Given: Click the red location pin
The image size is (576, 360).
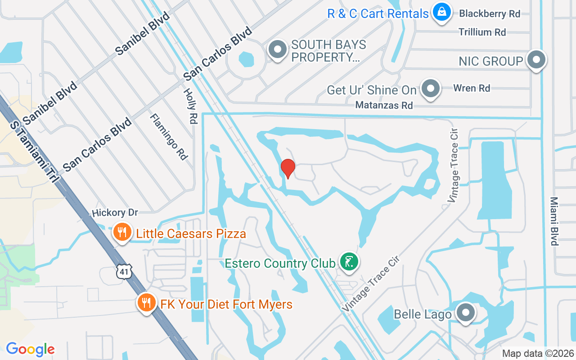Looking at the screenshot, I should [x=288, y=168].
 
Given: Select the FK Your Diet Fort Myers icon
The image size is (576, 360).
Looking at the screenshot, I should [x=146, y=304].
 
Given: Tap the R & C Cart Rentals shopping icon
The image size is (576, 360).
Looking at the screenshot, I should [x=442, y=13].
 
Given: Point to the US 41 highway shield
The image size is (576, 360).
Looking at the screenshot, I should [x=123, y=271].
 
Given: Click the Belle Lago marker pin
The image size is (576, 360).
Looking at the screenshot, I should [x=466, y=313].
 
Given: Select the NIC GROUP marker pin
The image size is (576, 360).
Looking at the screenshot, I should [x=536, y=60].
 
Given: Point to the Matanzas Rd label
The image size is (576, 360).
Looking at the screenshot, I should [x=384, y=105].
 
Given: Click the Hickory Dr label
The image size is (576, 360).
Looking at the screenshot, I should [x=115, y=212].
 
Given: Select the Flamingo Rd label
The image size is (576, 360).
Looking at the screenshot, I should [x=168, y=136].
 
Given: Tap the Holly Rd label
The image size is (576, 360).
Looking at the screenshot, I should [x=191, y=106].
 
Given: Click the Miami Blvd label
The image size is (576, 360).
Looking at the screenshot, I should [x=554, y=221].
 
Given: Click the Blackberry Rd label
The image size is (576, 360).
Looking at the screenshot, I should [x=490, y=13].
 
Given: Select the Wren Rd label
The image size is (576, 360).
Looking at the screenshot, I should [x=472, y=88].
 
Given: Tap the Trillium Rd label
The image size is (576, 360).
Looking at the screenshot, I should [x=482, y=32].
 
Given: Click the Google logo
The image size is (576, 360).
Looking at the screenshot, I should [x=30, y=349].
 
